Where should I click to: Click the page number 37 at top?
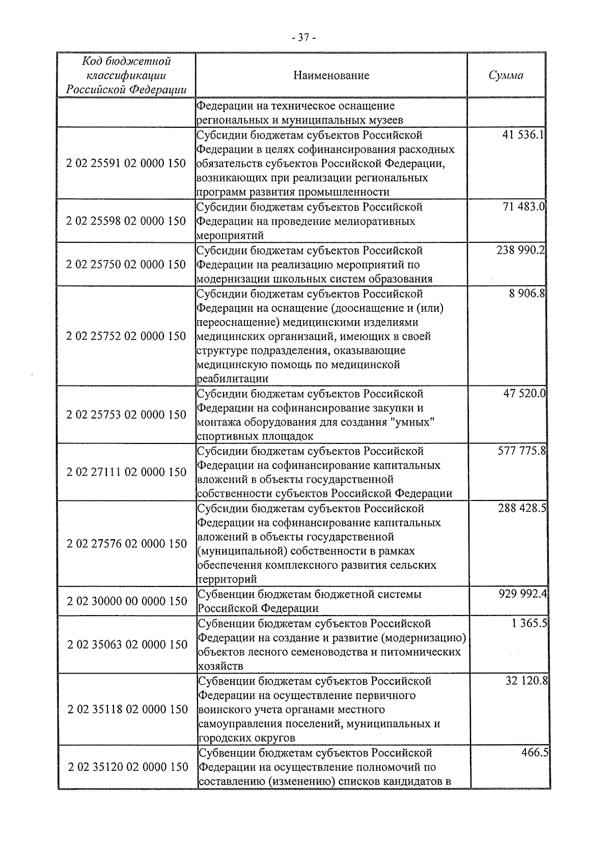tap(304, 38)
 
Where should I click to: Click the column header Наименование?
tap(331, 76)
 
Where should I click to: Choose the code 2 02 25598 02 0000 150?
tap(126, 221)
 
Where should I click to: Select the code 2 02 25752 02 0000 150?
tap(126, 337)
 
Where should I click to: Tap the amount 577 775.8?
tap(521, 451)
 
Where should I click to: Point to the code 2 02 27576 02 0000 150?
tap(126, 544)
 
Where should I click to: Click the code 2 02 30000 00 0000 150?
tap(127, 601)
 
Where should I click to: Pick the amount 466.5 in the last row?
tap(534, 752)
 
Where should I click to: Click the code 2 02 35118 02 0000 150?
tap(127, 709)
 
